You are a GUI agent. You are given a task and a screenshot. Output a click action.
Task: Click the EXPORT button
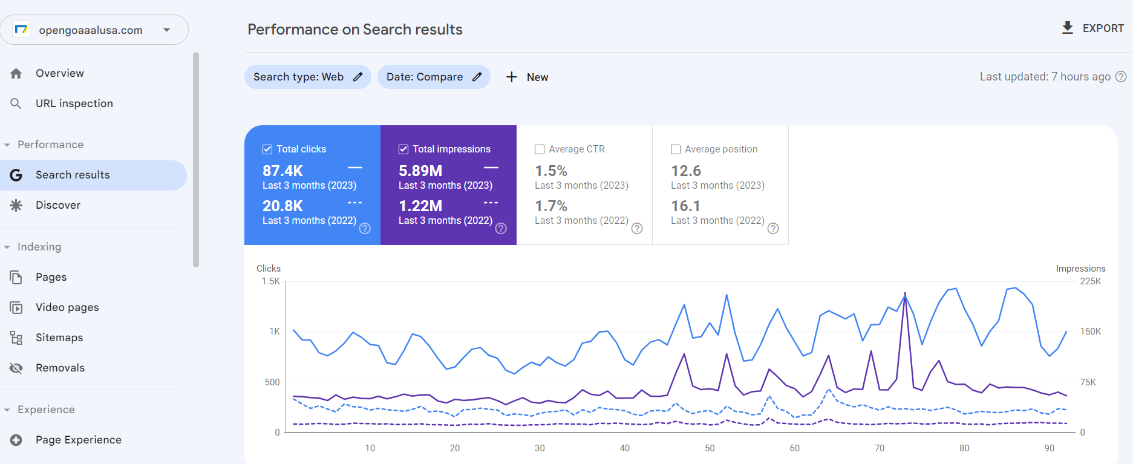tap(1093, 28)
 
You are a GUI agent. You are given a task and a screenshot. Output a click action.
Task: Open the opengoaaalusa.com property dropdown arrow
tap(167, 30)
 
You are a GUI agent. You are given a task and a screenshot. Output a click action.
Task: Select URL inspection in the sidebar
tap(74, 103)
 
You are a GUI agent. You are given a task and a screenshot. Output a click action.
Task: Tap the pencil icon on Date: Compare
tap(477, 77)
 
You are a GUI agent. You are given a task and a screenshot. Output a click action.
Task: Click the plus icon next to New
tap(512, 77)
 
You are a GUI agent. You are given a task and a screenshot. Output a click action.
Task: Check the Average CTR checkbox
tap(540, 149)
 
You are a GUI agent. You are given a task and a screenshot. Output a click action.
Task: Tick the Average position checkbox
tap(676, 149)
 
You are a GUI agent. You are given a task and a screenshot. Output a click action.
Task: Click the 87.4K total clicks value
tap(282, 171)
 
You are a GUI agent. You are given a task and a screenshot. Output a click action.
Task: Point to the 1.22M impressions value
tap(420, 206)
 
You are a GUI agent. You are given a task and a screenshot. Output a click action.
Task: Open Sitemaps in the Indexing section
tap(59, 338)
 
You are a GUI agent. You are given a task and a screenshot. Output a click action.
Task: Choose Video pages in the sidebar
tap(67, 307)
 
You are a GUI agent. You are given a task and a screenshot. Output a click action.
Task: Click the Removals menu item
tap(60, 368)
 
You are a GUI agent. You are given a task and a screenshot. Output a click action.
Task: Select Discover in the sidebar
tap(57, 205)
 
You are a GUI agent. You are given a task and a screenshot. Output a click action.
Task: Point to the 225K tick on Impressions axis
tap(1090, 281)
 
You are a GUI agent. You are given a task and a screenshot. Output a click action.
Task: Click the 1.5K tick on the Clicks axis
tap(270, 281)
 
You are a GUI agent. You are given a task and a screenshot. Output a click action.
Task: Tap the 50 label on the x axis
tap(710, 448)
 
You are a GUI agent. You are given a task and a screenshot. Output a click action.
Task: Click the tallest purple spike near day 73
tap(905, 294)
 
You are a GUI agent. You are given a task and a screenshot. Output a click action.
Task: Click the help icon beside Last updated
tap(1121, 77)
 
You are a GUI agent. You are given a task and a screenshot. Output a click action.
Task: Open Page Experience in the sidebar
tap(78, 440)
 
